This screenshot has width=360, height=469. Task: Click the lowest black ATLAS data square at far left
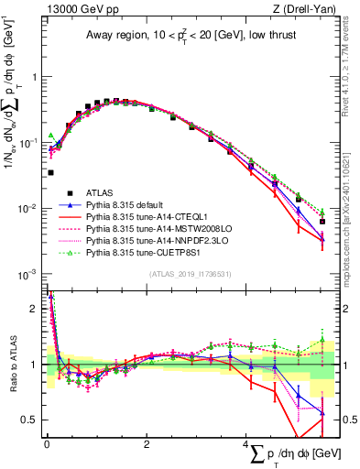pos(50,172)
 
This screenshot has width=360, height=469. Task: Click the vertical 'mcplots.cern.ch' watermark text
pos(352,229)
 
